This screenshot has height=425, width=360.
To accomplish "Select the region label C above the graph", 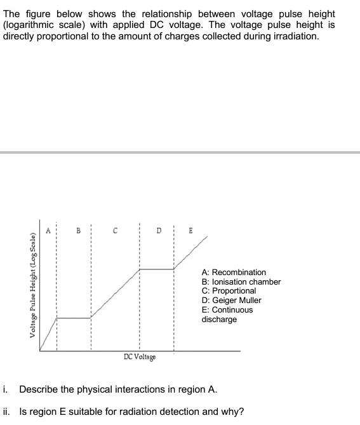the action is (115, 231).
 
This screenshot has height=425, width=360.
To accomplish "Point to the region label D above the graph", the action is (159, 230).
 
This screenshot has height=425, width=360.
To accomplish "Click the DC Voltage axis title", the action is (140, 357).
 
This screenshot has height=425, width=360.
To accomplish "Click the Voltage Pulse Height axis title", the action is (32, 285).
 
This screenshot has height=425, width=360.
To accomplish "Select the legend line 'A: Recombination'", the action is (234, 273).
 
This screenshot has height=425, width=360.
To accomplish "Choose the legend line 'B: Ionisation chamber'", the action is (241, 282).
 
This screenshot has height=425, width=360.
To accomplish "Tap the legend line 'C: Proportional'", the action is (229, 291).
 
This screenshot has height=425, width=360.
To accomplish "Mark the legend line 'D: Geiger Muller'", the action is (231, 300).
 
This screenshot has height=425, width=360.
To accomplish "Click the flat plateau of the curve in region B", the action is (74, 318).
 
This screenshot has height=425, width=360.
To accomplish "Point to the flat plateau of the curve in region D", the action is (156, 269).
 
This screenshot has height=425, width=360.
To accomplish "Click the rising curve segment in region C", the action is (115, 293).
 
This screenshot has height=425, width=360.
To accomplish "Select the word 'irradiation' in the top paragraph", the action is (296, 36).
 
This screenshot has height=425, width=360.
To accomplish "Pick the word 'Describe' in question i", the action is (39, 389).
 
